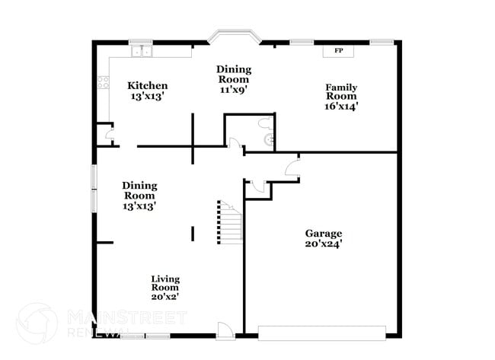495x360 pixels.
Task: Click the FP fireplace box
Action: pyautogui.click(x=338, y=51)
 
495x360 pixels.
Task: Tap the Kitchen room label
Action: pyautogui.click(x=147, y=86)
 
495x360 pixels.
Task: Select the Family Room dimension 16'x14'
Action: pyautogui.click(x=340, y=107)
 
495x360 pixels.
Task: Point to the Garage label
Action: pyautogui.click(x=324, y=234)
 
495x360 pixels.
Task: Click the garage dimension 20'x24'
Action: pyautogui.click(x=324, y=244)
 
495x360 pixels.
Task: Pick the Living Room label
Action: pyautogui.click(x=164, y=283)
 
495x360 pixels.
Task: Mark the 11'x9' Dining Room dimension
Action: pyautogui.click(x=233, y=89)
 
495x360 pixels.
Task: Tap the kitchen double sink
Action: pyautogui.click(x=141, y=52)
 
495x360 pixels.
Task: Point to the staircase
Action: pyautogui.click(x=229, y=222)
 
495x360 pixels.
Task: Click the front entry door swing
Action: pyautogui.click(x=225, y=329)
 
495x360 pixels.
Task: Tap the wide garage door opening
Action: pyautogui.click(x=321, y=332)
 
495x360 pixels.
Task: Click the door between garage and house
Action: pyautogui.click(x=292, y=168)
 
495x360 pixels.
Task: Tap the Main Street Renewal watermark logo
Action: pyautogui.click(x=37, y=323)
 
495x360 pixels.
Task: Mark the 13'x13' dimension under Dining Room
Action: pyautogui.click(x=139, y=205)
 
